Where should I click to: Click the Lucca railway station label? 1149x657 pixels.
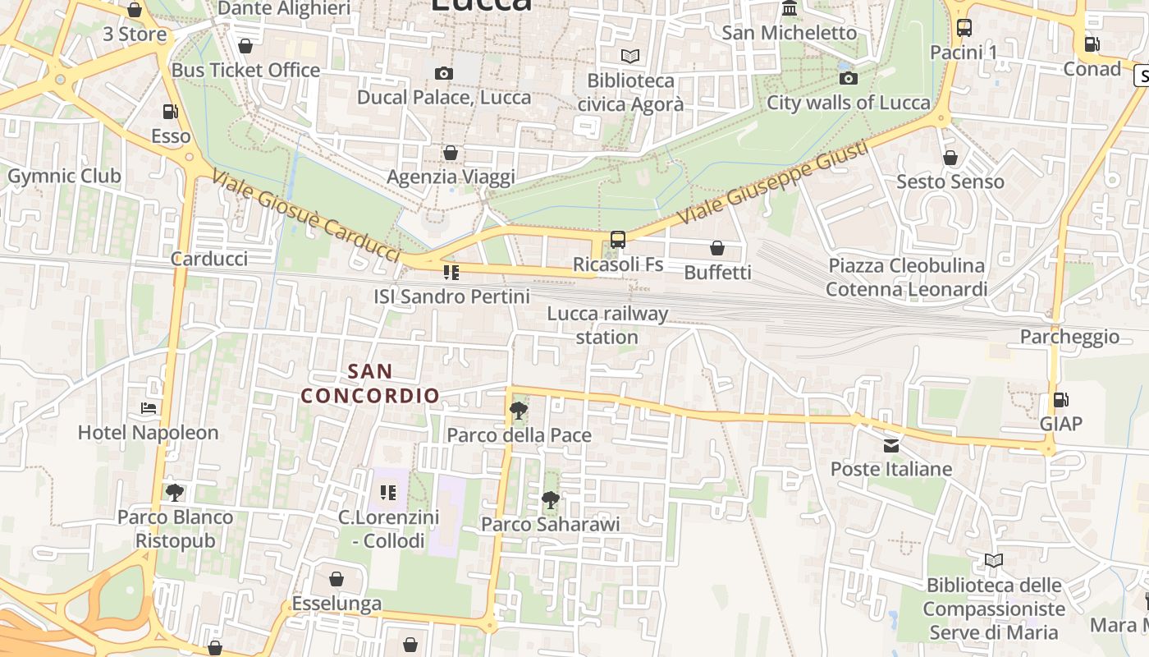coord(607,325)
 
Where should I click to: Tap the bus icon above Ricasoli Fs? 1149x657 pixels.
coord(618,240)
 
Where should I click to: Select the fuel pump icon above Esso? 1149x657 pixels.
coord(170,111)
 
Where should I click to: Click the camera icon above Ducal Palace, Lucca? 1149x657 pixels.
coord(443,73)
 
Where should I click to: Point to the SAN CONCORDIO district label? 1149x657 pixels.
coord(370,384)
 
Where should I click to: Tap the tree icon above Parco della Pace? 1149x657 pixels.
coord(518,410)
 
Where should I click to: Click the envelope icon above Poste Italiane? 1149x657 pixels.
coord(890,445)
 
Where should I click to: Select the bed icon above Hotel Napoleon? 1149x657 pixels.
coord(148,407)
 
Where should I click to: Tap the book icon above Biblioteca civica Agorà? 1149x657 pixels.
coord(629,56)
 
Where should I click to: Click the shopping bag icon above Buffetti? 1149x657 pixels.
coord(717,247)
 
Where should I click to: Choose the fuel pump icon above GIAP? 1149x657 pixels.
coord(1060,399)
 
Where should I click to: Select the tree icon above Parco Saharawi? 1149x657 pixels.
coord(550,499)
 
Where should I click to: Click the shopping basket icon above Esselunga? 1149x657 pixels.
coord(336,579)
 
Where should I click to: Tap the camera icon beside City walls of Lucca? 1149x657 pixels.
coord(848,78)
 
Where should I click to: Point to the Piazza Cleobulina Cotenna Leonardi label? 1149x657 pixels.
coord(906,278)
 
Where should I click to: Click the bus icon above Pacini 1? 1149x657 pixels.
coord(964,28)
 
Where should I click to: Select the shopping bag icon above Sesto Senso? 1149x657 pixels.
coord(950,157)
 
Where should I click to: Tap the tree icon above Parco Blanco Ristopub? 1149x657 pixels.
coord(174,492)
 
